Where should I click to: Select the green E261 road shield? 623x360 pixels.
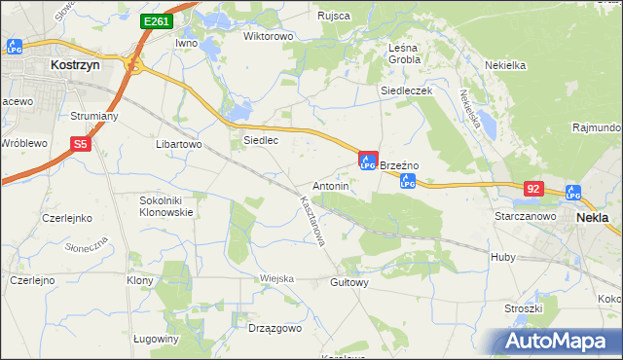155,20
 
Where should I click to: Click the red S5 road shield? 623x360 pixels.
82,144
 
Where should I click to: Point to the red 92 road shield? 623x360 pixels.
532,188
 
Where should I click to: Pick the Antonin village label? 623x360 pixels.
330,185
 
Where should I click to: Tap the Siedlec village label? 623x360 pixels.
261,140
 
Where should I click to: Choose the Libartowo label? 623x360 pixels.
178,144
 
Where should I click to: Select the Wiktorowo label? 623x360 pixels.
268,37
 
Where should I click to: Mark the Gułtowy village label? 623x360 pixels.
349,283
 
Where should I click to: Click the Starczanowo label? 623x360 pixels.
525,216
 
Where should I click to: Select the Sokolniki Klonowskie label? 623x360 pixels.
166,205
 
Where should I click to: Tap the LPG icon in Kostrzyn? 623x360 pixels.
14,46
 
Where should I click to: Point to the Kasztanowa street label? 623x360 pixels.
311,226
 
